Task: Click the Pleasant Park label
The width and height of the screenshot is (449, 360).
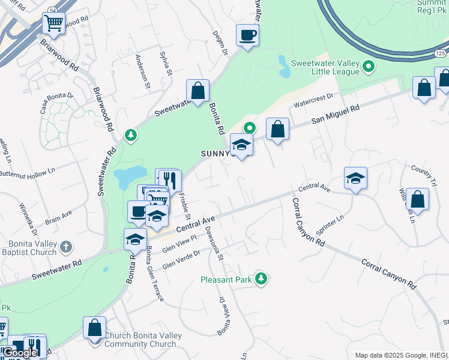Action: (x=225, y=280)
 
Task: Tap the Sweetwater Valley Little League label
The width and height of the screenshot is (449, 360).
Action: (x=325, y=67)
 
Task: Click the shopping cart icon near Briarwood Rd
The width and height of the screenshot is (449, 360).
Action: (x=54, y=24)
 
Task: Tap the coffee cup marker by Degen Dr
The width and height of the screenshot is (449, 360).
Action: (x=247, y=35)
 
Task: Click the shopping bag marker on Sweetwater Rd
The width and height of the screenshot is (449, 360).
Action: (x=197, y=91)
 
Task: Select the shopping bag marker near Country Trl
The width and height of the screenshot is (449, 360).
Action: (x=418, y=200)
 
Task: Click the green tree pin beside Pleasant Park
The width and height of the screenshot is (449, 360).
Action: (x=261, y=278)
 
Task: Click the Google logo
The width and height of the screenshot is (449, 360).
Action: (x=20, y=353)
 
